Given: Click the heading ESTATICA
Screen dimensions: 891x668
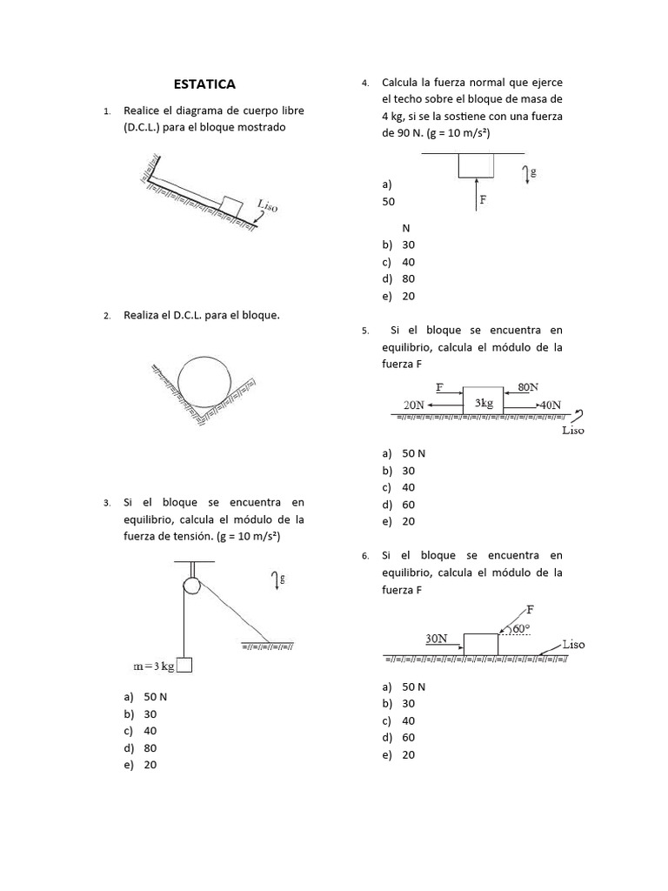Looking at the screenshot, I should tap(204, 84).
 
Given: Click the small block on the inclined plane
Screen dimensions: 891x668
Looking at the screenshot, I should tap(230, 205).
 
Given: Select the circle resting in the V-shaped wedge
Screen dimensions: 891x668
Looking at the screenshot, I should tap(205, 381).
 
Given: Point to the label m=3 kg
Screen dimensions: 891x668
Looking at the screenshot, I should tap(154, 666).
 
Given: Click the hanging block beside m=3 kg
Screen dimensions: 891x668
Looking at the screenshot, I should tap(184, 665).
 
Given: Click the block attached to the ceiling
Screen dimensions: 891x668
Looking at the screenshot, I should tap(477, 165).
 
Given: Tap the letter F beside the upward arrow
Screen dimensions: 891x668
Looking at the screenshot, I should tap(483, 199).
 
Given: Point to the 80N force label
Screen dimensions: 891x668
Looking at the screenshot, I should tap(528, 386).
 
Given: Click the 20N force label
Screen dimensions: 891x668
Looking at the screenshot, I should tap(414, 405).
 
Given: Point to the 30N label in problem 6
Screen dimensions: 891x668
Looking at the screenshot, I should tap(437, 638).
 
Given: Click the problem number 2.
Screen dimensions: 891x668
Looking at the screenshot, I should tap(106, 316).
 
